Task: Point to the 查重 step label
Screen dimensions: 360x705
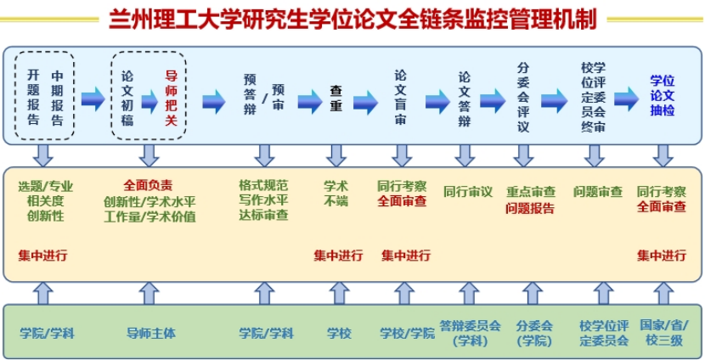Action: (336, 100)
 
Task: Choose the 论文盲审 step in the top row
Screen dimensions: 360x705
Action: (400, 98)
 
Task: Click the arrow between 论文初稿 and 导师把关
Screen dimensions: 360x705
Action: (149, 101)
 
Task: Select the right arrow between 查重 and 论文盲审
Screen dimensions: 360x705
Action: (366, 102)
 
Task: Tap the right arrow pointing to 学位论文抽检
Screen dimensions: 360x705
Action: (626, 100)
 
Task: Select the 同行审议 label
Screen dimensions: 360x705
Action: (467, 192)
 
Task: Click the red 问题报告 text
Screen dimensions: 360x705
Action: (530, 208)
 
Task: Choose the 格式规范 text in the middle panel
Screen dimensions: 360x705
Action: (263, 185)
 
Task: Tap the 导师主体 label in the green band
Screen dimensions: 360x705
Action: (150, 333)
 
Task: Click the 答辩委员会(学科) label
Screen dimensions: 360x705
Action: (470, 333)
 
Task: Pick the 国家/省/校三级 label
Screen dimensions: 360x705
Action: (663, 333)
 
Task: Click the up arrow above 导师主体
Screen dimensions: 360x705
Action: (149, 293)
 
